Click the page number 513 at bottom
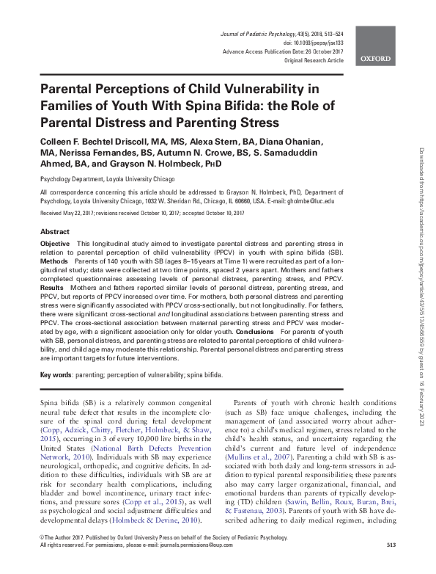click(391, 565)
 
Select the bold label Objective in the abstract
click(55, 243)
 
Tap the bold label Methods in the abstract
click(53, 260)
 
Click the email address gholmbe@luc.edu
click(308, 200)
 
